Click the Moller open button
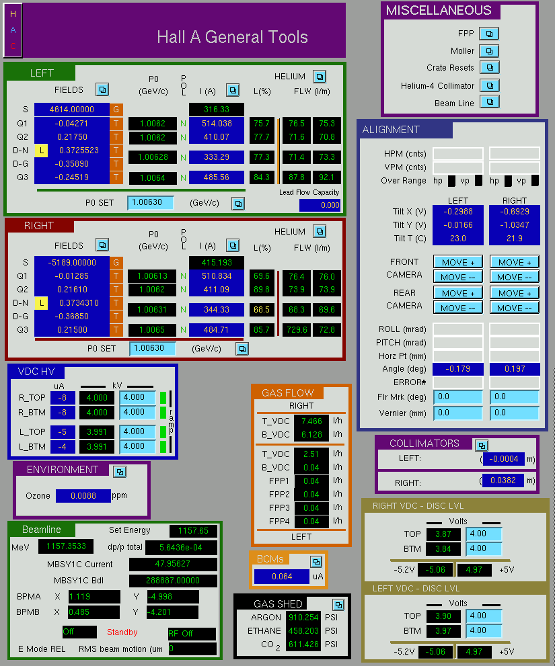point(489,51)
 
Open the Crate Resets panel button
point(490,67)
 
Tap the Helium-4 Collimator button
point(490,85)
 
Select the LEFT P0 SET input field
point(151,202)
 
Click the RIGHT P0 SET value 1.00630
point(152,348)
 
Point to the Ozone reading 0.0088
point(83,496)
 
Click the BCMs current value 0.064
point(282,577)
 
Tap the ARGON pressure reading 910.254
point(303,617)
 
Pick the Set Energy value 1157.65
point(193,530)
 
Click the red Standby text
point(122,632)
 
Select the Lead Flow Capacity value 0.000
point(320,205)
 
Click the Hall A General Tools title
point(232,37)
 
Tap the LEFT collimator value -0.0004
point(504,459)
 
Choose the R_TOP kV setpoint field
point(137,398)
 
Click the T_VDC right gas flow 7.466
point(311,421)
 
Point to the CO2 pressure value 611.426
point(303,644)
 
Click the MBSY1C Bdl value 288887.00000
point(173,580)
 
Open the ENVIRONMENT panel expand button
point(120,472)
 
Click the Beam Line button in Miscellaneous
point(490,102)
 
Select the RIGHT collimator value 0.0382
point(503,481)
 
